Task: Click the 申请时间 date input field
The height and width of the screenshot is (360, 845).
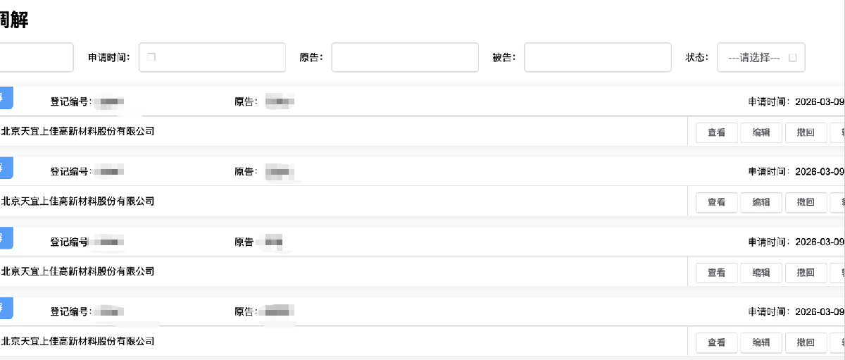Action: click(x=212, y=58)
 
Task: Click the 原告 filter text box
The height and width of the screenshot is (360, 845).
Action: click(x=404, y=58)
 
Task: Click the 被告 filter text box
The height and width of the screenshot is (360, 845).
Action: click(x=597, y=58)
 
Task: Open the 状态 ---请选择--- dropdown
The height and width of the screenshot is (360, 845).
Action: click(x=760, y=58)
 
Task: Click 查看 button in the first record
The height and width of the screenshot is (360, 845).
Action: click(x=716, y=132)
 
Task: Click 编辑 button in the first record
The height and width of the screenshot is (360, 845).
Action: click(x=761, y=132)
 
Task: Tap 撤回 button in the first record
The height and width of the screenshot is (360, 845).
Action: click(x=806, y=132)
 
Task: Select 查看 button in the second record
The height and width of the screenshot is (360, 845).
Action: click(x=716, y=202)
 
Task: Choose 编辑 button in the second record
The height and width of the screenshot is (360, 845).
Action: click(x=761, y=202)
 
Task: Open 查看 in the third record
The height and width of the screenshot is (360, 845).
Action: click(x=716, y=273)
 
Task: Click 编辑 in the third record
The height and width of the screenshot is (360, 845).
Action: click(x=761, y=273)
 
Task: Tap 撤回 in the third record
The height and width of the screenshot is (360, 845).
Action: click(x=806, y=273)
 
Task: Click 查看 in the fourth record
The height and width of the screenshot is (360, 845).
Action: click(x=716, y=342)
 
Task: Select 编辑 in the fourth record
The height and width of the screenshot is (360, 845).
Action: click(x=761, y=342)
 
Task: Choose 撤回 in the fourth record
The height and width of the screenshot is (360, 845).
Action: click(x=806, y=342)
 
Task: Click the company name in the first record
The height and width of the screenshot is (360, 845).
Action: click(x=77, y=131)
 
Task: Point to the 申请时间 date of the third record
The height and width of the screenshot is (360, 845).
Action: click(x=819, y=242)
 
